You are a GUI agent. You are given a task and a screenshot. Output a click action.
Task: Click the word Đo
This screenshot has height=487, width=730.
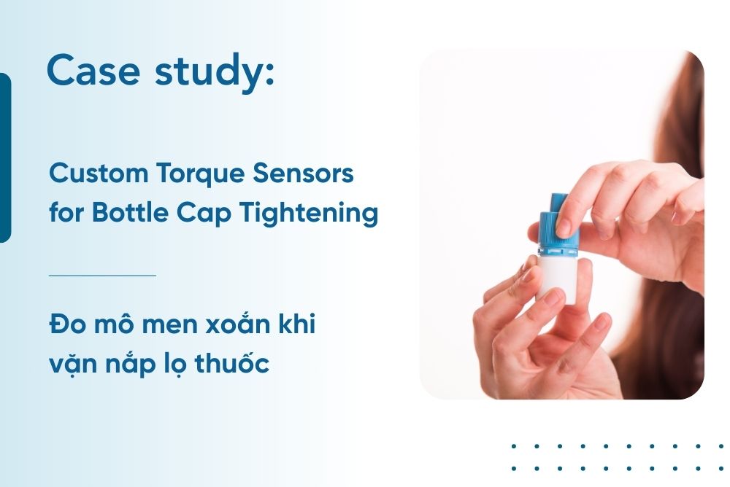pos(63,324)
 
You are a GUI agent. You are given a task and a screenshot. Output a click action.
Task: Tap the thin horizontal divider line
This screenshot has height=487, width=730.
pos(102,276)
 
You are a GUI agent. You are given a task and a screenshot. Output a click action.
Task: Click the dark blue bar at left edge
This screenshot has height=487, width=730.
pos(5,157)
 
